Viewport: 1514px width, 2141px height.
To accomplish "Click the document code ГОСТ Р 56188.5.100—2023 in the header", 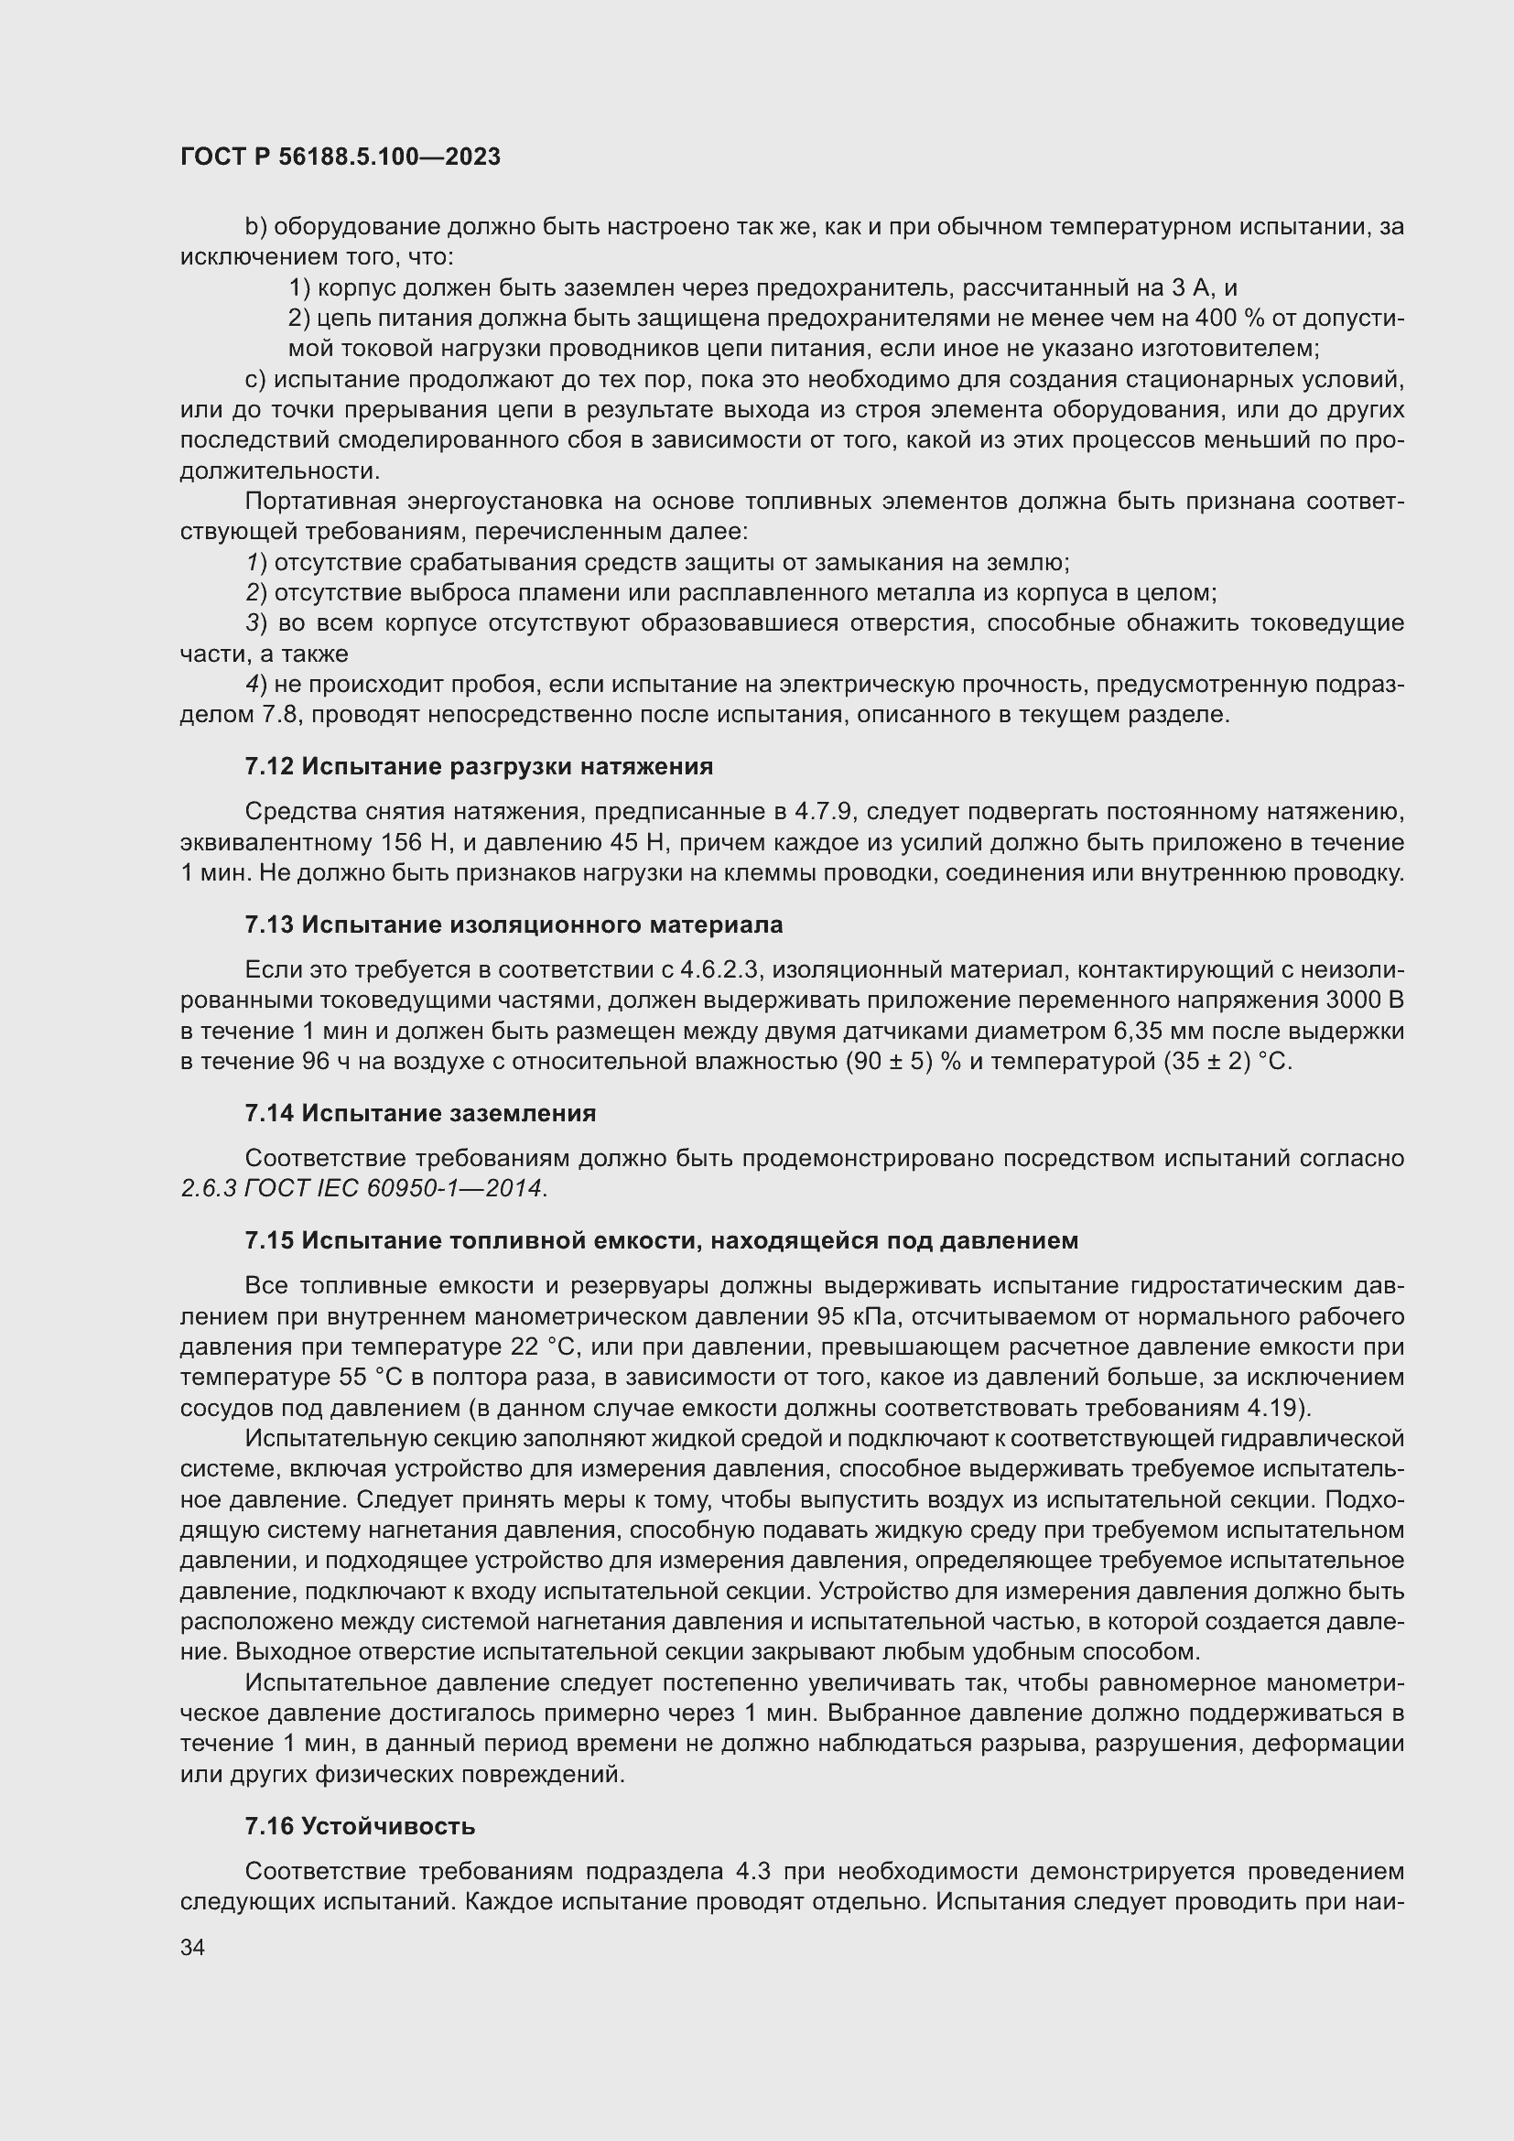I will coord(341,157).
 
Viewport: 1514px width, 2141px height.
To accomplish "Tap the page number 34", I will coord(193,1947).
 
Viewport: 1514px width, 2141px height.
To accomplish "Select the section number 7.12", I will coord(269,766).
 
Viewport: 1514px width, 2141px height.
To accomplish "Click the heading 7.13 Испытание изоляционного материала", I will coord(514,925).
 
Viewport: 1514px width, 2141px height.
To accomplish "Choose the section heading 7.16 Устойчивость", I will coord(360,1826).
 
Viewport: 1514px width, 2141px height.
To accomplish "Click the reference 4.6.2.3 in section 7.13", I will coord(722,969).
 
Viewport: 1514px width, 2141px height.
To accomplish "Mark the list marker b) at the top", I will coord(255,227).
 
